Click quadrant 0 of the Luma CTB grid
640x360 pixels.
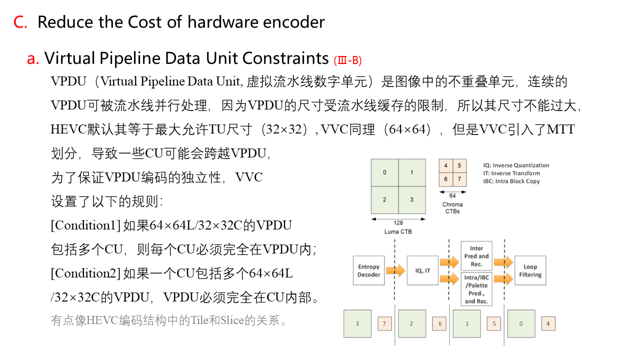[x=384, y=172]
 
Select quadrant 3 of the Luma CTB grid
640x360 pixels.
[x=412, y=200]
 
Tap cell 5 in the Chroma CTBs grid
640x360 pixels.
[x=459, y=165]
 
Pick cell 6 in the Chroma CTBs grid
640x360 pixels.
[x=445, y=179]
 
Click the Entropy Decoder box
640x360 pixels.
[x=369, y=270]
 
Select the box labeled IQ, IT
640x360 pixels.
[x=423, y=270]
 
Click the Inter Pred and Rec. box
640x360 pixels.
[x=476, y=255]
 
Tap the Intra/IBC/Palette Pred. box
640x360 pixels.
[x=476, y=289]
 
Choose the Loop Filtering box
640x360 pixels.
[x=530, y=270]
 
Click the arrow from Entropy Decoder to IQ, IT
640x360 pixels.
[x=395, y=270]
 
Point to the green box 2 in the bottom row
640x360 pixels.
[x=411, y=323]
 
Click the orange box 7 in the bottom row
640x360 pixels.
[x=384, y=323]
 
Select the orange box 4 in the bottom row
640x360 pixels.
[x=548, y=323]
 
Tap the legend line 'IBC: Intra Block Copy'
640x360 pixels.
[x=511, y=181]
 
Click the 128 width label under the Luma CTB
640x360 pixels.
[x=398, y=223]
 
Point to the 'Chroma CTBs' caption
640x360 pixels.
[x=452, y=207]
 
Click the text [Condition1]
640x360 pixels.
[x=85, y=225]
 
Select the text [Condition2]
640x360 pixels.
[x=85, y=273]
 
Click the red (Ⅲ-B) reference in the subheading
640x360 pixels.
[x=347, y=60]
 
